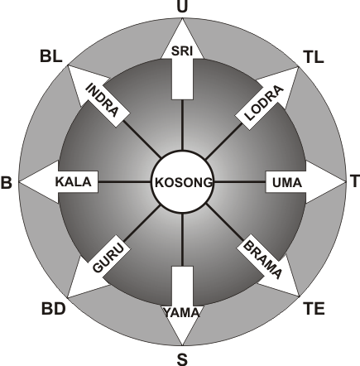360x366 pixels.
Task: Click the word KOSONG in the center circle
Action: (x=184, y=182)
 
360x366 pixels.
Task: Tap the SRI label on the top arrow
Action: (x=182, y=51)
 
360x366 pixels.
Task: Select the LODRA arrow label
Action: (x=264, y=103)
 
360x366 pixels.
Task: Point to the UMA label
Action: (x=287, y=183)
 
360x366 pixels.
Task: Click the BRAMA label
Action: (x=263, y=260)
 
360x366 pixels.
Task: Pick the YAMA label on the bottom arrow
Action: (x=182, y=313)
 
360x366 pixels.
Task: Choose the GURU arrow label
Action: (x=108, y=258)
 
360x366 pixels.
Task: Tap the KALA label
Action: (x=74, y=182)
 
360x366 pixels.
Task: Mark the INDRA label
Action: (x=103, y=100)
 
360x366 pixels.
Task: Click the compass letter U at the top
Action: (x=182, y=7)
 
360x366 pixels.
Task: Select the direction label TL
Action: (x=314, y=57)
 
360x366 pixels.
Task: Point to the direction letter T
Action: (x=355, y=181)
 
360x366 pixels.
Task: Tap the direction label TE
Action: (x=314, y=309)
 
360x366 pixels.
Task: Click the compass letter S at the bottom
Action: (x=182, y=359)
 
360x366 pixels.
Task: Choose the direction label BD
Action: (x=54, y=309)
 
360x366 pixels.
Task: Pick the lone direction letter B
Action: (x=7, y=182)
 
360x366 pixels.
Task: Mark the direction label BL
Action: (x=51, y=56)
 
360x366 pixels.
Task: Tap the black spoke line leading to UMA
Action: (x=239, y=182)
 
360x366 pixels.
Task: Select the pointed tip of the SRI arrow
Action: (x=182, y=19)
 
